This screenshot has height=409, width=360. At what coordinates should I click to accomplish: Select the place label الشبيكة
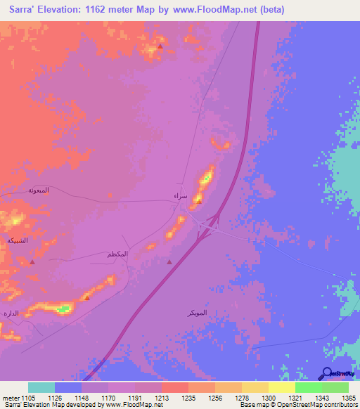[x=17, y=240]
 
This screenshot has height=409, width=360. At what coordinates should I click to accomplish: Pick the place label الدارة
[x=10, y=312]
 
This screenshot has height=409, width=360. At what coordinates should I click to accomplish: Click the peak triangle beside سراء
[x=199, y=203]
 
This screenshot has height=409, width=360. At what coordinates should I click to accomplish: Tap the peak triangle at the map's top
[x=160, y=47]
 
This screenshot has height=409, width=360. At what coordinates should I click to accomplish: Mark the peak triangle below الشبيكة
[x=33, y=261]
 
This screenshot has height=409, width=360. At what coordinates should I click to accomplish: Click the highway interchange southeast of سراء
[x=209, y=227]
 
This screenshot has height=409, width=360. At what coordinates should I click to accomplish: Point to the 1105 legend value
[x=28, y=397]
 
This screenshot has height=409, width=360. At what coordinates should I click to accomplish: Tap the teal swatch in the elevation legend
[x=41, y=387]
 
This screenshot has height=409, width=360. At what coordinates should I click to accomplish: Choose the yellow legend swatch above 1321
[x=281, y=387]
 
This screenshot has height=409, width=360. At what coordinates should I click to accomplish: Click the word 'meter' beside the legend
[x=10, y=397]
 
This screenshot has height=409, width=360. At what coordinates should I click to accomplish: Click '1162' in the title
[x=105, y=11]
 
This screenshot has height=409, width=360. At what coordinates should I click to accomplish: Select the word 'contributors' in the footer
[x=340, y=405]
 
